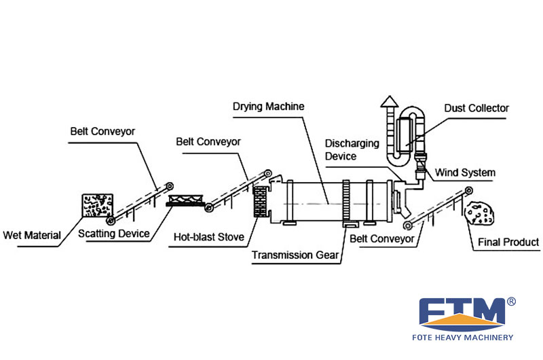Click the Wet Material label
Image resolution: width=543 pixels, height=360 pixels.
coord(32,236)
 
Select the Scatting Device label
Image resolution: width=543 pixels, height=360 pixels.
coord(113,234)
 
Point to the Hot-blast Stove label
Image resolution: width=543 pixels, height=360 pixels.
coord(206,237)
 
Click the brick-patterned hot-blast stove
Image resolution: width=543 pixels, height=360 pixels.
coord(261,202)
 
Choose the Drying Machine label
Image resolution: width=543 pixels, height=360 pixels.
coord(268,107)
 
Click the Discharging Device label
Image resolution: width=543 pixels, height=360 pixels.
coord(350,149)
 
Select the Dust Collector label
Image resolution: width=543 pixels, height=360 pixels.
coord(476,108)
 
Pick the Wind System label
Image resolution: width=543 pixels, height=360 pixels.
coord(465,173)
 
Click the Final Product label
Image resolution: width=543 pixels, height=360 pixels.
coord(508,242)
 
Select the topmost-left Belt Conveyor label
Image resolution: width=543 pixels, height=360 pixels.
coord(102,130)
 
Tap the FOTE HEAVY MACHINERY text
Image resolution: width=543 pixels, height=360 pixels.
coord(465,337)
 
